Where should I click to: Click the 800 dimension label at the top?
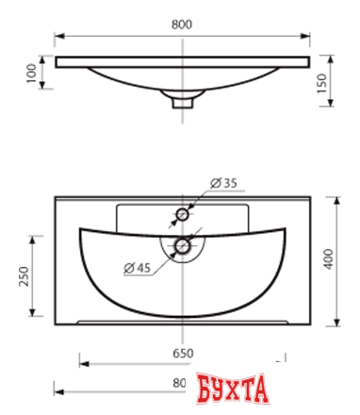(182, 25)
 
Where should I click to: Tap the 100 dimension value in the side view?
(31, 73)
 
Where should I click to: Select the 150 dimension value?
(321, 83)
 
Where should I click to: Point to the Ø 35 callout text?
(223, 183)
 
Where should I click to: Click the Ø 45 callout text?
(138, 268)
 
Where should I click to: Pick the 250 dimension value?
(24, 276)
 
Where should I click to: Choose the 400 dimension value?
(329, 258)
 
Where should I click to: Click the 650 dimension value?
(183, 354)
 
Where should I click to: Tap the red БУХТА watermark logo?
(233, 389)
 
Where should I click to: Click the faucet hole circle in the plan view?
(182, 215)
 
